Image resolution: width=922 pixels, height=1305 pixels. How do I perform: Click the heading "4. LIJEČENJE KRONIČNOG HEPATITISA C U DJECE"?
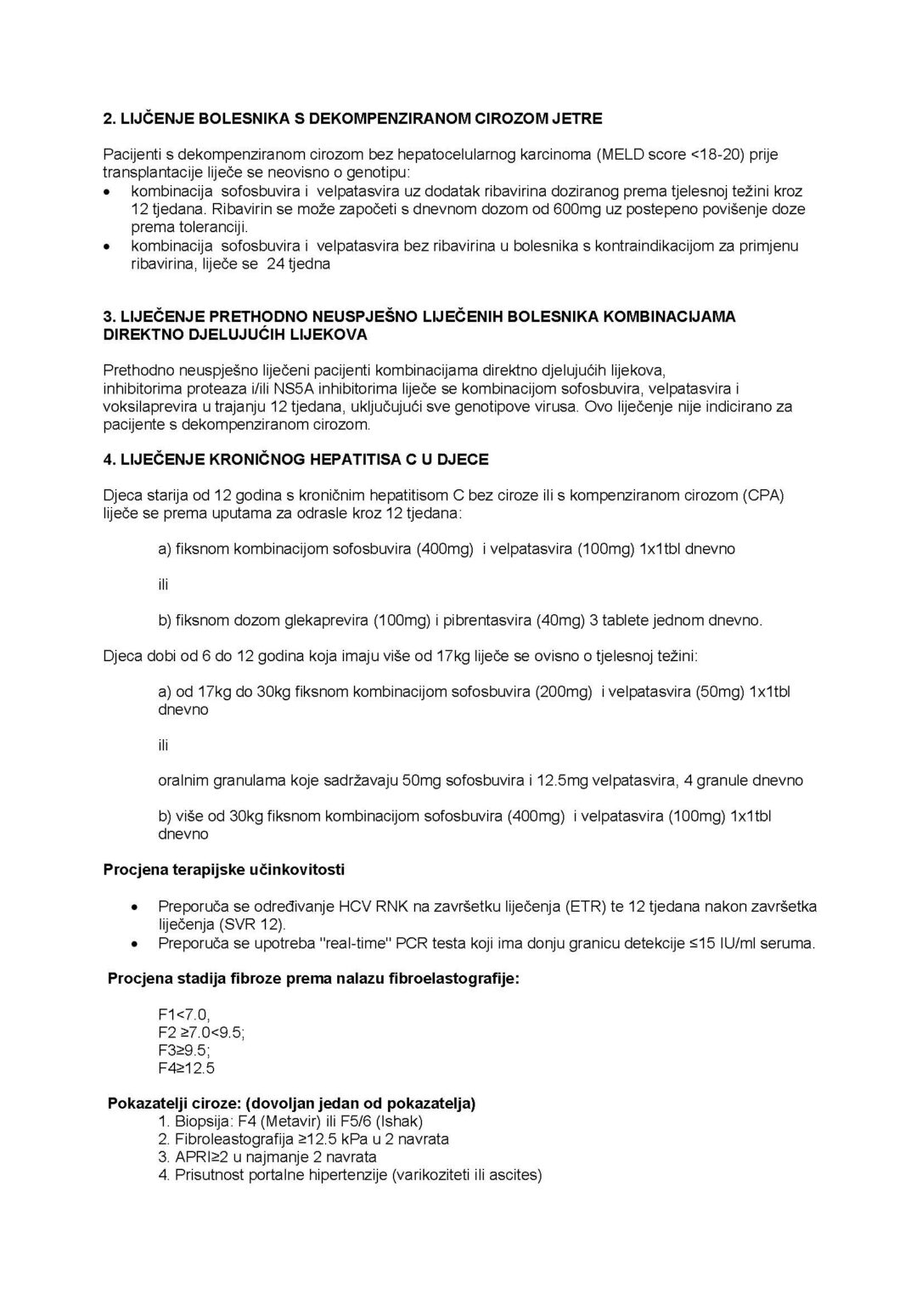295,460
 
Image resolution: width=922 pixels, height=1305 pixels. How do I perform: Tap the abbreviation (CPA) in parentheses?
763,495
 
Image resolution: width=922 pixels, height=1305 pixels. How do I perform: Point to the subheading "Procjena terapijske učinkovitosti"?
224,870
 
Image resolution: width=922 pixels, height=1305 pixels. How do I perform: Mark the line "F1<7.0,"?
183,1014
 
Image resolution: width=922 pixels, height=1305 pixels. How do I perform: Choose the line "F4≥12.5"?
186,1068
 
